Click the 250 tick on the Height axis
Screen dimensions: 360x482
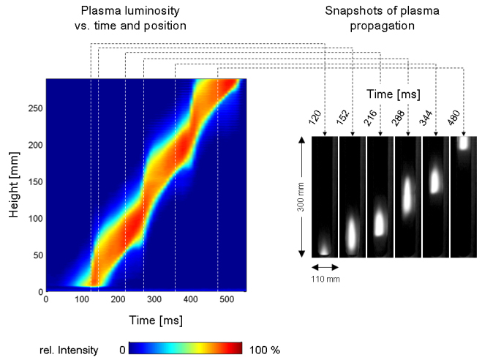(34, 108)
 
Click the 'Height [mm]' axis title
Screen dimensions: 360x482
(13, 185)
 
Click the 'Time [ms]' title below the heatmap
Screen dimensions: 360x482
(146, 319)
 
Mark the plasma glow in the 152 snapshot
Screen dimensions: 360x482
(352, 233)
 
